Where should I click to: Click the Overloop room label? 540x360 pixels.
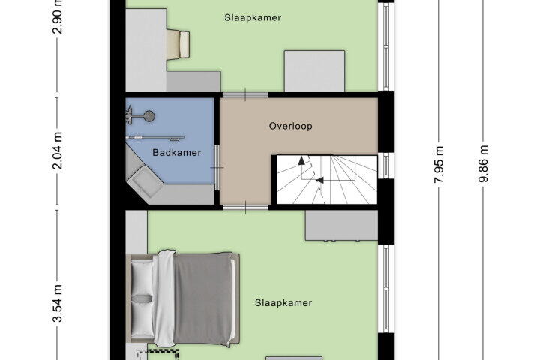(291, 126)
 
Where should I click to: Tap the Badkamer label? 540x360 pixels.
(177, 152)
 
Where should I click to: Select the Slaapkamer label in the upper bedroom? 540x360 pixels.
(253, 17)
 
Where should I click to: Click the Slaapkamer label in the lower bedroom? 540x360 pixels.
(283, 303)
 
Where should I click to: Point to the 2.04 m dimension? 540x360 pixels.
(58, 151)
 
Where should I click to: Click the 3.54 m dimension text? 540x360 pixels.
(58, 303)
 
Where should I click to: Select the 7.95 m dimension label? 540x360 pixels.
(439, 165)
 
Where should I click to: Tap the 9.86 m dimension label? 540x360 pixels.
(483, 165)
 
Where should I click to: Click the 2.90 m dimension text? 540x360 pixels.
(58, 16)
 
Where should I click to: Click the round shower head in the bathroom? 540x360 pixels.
(149, 116)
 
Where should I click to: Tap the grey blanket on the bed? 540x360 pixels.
(202, 298)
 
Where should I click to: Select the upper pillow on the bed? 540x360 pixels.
(142, 277)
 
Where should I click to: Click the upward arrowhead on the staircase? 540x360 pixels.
(301, 161)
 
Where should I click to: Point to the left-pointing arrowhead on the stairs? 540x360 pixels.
(319, 180)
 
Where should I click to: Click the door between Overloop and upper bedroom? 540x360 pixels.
(244, 94)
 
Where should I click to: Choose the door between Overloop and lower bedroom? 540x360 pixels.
(245, 208)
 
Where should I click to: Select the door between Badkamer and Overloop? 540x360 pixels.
(217, 168)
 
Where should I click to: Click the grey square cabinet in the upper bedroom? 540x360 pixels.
(314, 71)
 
